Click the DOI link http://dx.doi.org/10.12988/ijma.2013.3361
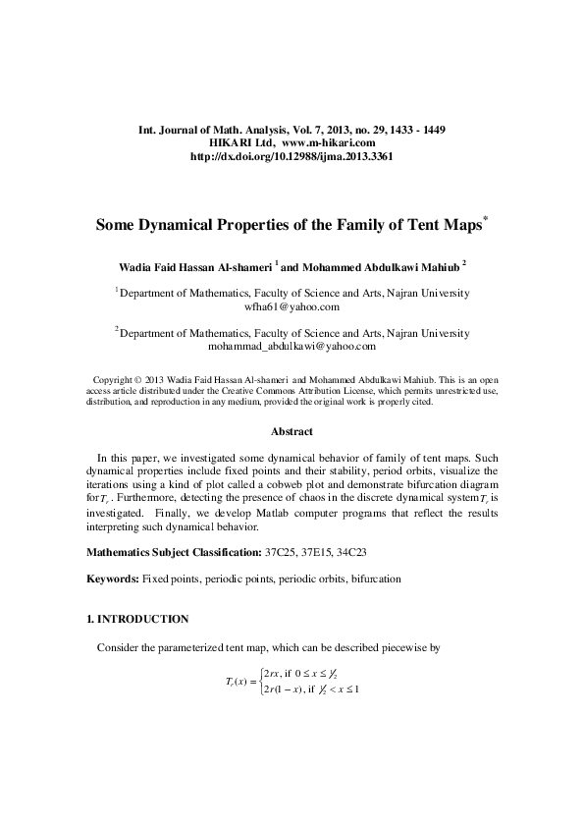[x=291, y=156]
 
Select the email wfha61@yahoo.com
[x=292, y=306]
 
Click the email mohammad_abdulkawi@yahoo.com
[x=292, y=347]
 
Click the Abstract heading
[x=292, y=431]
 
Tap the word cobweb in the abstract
[x=245, y=486]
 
